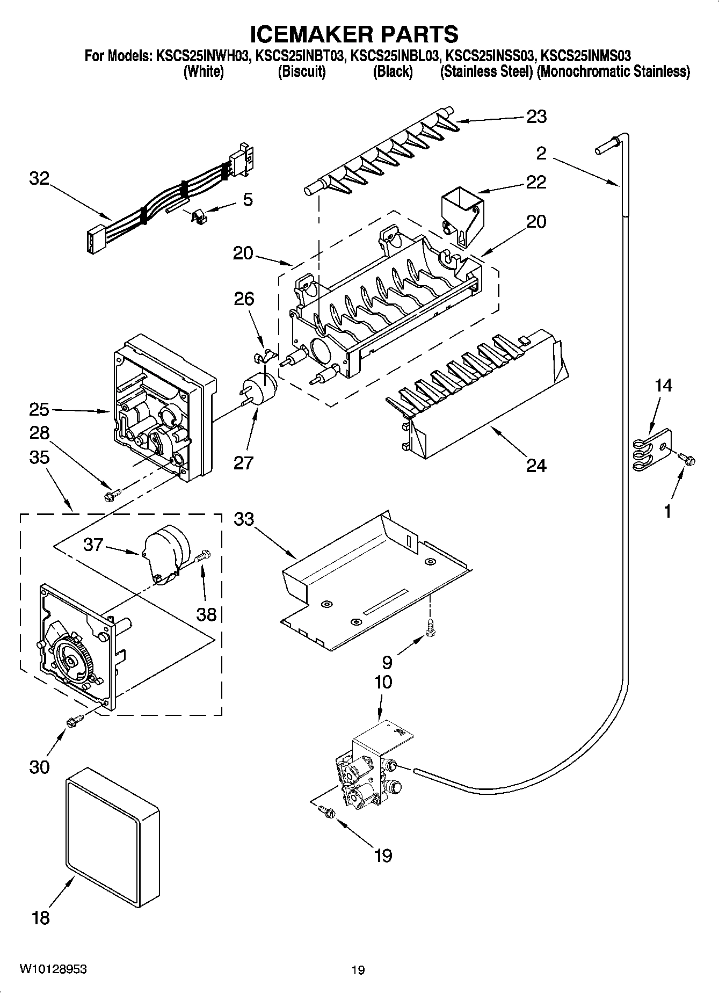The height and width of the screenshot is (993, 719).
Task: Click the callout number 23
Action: [536, 117]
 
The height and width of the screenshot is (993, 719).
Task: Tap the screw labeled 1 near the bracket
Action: [686, 458]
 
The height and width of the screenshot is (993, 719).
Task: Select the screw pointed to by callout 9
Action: [430, 627]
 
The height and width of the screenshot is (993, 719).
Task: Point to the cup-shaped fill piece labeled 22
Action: [461, 213]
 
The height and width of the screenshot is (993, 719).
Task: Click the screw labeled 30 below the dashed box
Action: [74, 721]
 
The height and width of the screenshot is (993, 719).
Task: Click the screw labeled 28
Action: [112, 494]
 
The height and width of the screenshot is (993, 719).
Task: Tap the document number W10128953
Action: [54, 968]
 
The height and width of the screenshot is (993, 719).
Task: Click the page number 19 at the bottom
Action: [358, 969]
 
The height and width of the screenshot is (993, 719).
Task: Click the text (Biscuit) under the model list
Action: [302, 71]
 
